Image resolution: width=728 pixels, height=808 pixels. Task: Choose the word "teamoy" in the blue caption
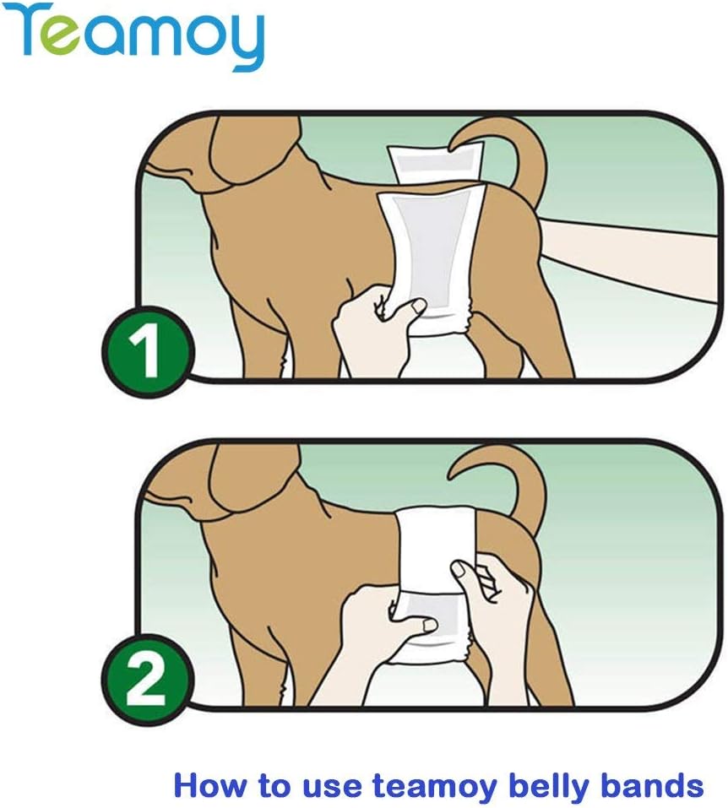click(x=438, y=785)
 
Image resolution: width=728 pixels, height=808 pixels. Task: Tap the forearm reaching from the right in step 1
click(x=633, y=253)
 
